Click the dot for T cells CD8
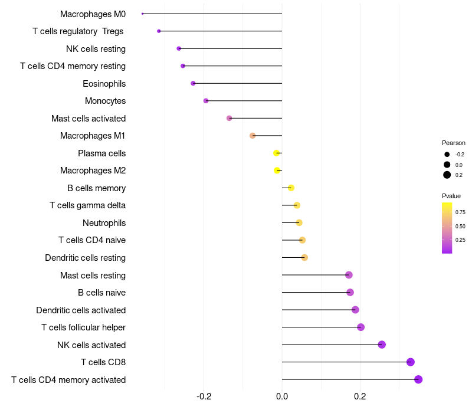411,362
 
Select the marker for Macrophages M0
143,14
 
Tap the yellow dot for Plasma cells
277,153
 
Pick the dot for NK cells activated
382,345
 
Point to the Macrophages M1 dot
253,136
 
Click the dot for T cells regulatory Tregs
159,31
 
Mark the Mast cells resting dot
349,275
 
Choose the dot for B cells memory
291,188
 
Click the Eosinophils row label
104,84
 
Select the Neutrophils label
104,223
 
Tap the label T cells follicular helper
83,327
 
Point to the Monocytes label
105,101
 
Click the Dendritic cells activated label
81,310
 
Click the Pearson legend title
454,143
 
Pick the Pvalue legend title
451,196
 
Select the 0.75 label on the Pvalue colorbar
460,212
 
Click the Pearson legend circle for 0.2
447,175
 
